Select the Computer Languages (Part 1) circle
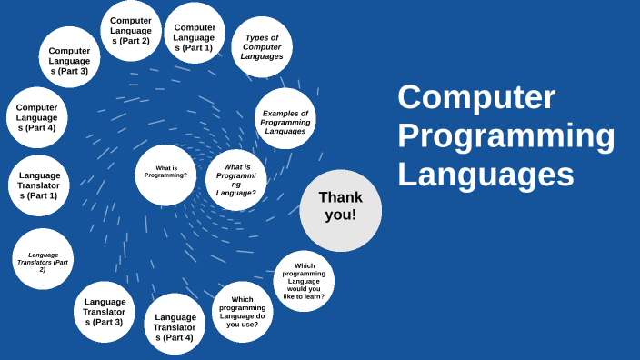pyautogui.click(x=195, y=34)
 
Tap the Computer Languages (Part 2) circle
pyautogui.click(x=131, y=30)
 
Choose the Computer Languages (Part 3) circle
pyautogui.click(x=69, y=57)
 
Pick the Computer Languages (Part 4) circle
pyautogui.click(x=37, y=117)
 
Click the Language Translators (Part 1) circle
pyautogui.click(x=39, y=185)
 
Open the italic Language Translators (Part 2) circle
pyautogui.click(x=43, y=259)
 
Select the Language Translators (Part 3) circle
pyautogui.click(x=105, y=312)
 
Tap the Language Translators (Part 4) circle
pyautogui.click(x=175, y=324)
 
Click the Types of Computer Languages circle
pyautogui.click(x=262, y=46)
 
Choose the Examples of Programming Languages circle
pyautogui.click(x=285, y=119)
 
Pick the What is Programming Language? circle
pyautogui.click(x=236, y=180)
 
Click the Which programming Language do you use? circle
pyautogui.click(x=243, y=312)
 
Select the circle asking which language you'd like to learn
pyautogui.click(x=304, y=281)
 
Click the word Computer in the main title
pyautogui.click(x=476, y=97)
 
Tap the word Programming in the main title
pyautogui.click(x=505, y=135)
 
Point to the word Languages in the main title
pyautogui.click(x=485, y=174)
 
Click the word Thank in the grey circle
pyautogui.click(x=340, y=197)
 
